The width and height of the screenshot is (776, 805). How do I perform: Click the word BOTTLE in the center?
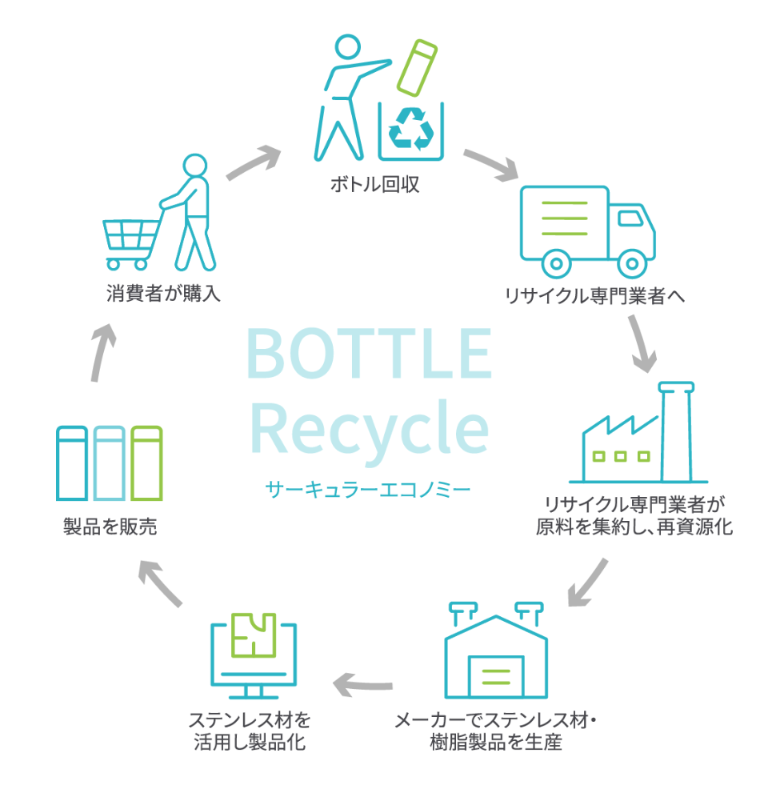[x=369, y=354]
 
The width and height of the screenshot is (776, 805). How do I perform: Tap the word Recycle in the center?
[x=369, y=428]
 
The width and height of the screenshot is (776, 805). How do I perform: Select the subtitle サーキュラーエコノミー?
[x=369, y=487]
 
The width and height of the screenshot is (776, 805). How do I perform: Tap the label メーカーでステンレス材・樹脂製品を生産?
[x=496, y=731]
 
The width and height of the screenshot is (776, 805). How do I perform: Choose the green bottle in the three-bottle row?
[x=147, y=463]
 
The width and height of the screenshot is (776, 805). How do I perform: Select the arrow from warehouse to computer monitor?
[x=364, y=683]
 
